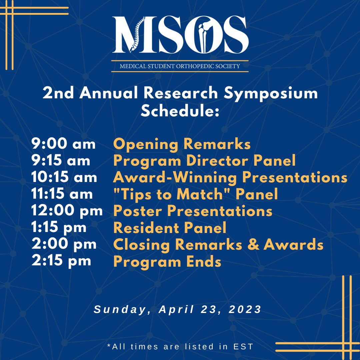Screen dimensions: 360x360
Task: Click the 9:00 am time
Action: tap(63, 144)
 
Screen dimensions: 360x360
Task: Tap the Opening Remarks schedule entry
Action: tap(182, 145)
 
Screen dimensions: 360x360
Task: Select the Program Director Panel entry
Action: tap(204, 161)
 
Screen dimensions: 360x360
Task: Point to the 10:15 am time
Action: tap(64, 177)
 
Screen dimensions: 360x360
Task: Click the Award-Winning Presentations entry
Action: tap(230, 178)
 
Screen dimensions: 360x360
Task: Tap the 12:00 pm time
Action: tap(67, 211)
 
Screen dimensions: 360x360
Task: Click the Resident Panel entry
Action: tap(170, 228)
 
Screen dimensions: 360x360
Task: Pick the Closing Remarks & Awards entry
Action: tap(218, 245)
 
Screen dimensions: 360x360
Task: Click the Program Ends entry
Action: tap(167, 262)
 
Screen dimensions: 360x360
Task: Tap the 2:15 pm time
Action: tap(61, 261)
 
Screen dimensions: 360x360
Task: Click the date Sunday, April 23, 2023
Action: tap(178, 309)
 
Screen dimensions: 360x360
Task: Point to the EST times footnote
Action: tap(180, 347)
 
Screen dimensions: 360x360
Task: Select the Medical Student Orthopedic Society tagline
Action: tap(180, 66)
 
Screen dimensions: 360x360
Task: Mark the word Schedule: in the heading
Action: tap(180, 111)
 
